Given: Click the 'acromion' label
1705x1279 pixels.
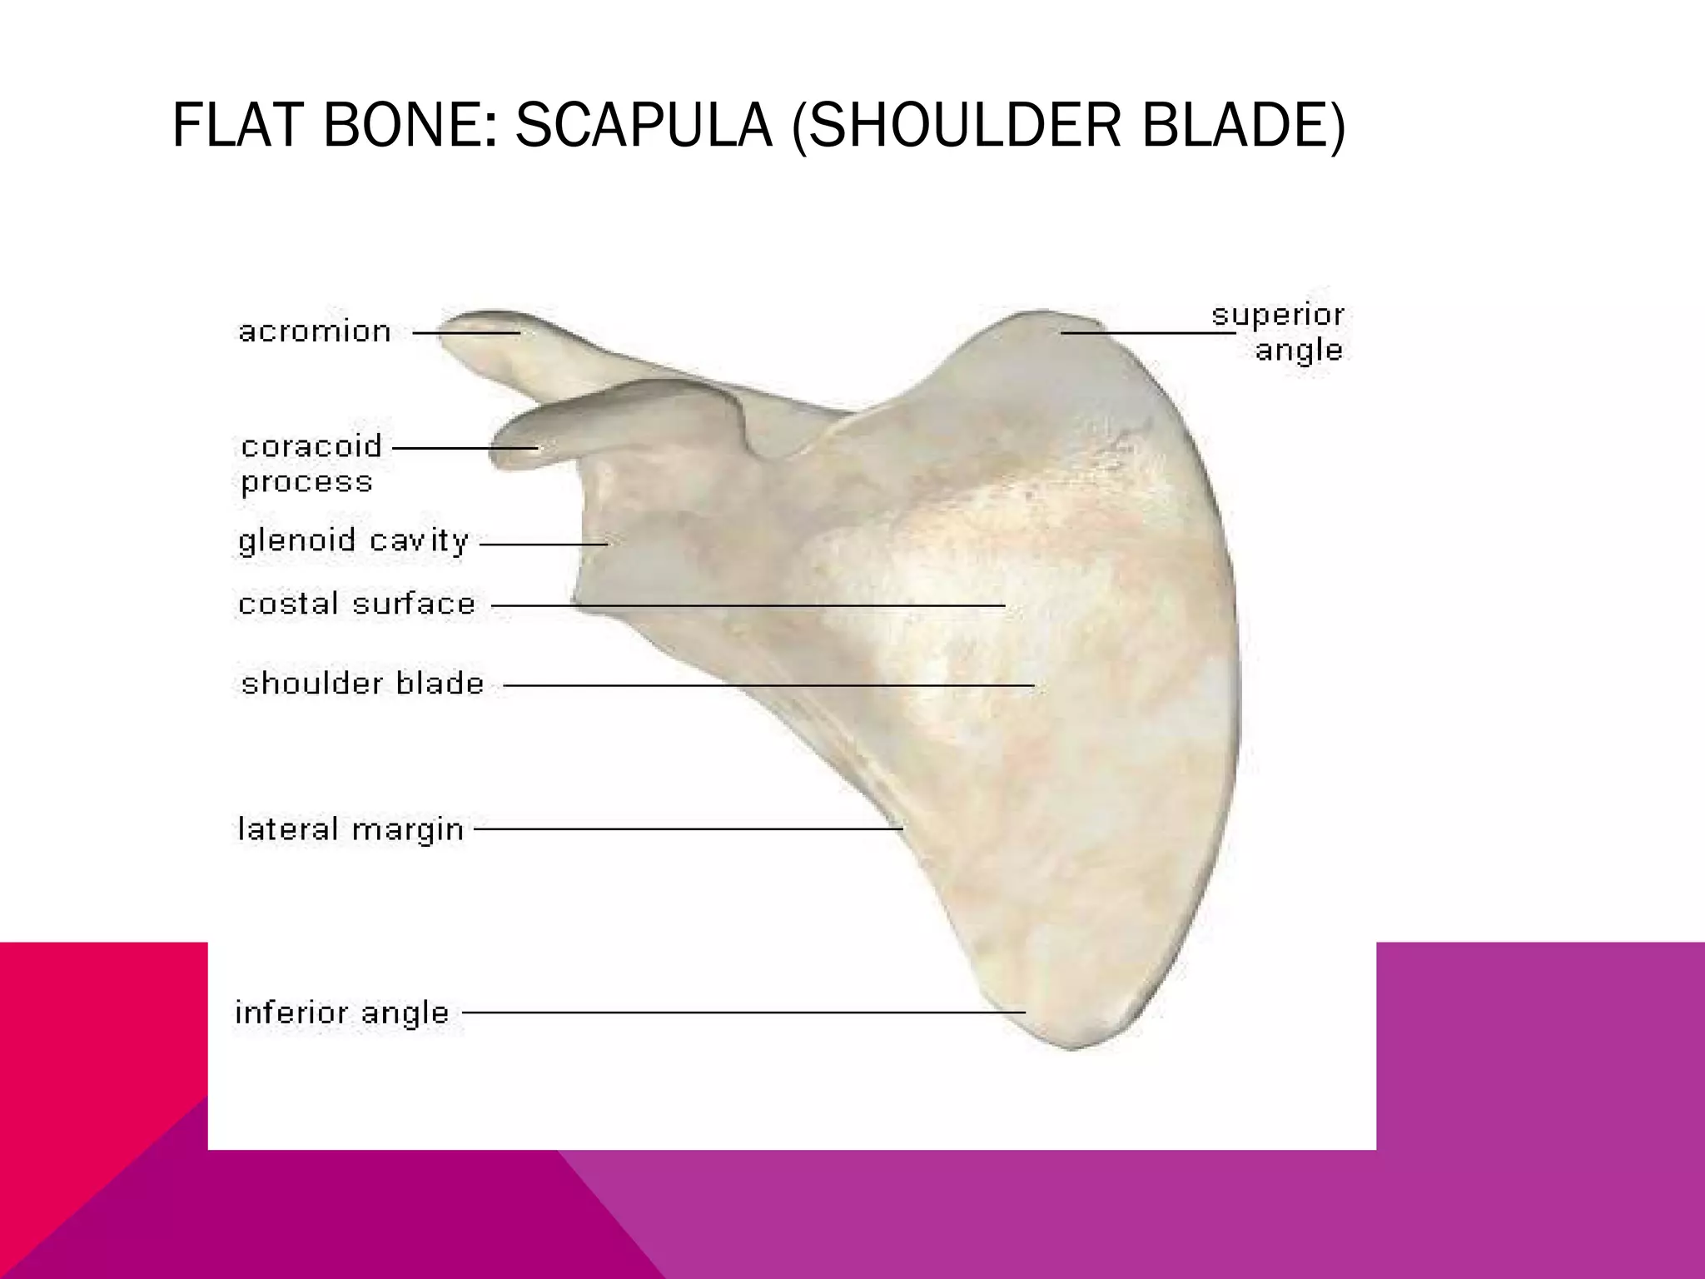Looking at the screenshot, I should (315, 332).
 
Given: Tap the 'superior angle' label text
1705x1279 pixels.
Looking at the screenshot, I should (1278, 332).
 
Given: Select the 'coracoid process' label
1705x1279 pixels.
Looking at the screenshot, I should (311, 463).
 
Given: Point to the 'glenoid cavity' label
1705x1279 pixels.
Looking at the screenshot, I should (354, 542).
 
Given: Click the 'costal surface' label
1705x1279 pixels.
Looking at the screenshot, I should (356, 605).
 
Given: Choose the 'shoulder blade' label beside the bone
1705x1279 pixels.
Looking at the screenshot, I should (362, 684).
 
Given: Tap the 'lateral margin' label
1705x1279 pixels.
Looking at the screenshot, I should (350, 829).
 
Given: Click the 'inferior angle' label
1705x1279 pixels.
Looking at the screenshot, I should (342, 1013).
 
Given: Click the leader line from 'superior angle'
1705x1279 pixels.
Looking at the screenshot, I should (1148, 333).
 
